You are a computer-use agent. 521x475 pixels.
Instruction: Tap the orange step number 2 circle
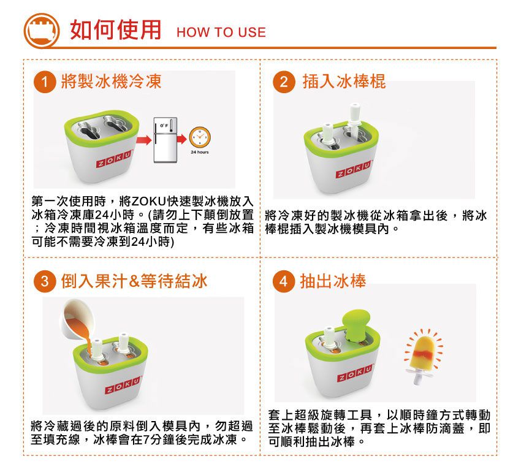284,82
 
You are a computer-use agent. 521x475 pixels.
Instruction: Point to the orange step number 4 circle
283,281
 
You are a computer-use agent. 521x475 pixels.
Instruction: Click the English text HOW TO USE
221,32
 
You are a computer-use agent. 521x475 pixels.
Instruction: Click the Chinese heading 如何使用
115,29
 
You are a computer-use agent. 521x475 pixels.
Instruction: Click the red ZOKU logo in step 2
352,173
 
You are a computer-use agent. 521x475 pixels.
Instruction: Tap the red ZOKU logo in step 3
120,388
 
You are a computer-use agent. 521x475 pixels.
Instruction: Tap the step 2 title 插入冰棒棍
344,82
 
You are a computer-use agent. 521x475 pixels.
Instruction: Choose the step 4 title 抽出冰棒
333,281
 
